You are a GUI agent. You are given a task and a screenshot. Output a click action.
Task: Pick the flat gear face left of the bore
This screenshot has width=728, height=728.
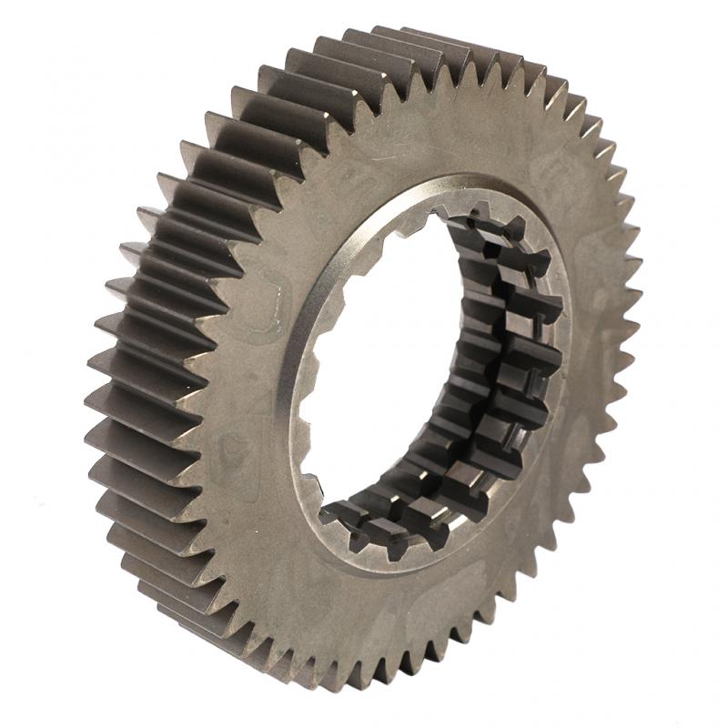coord(246,382)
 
